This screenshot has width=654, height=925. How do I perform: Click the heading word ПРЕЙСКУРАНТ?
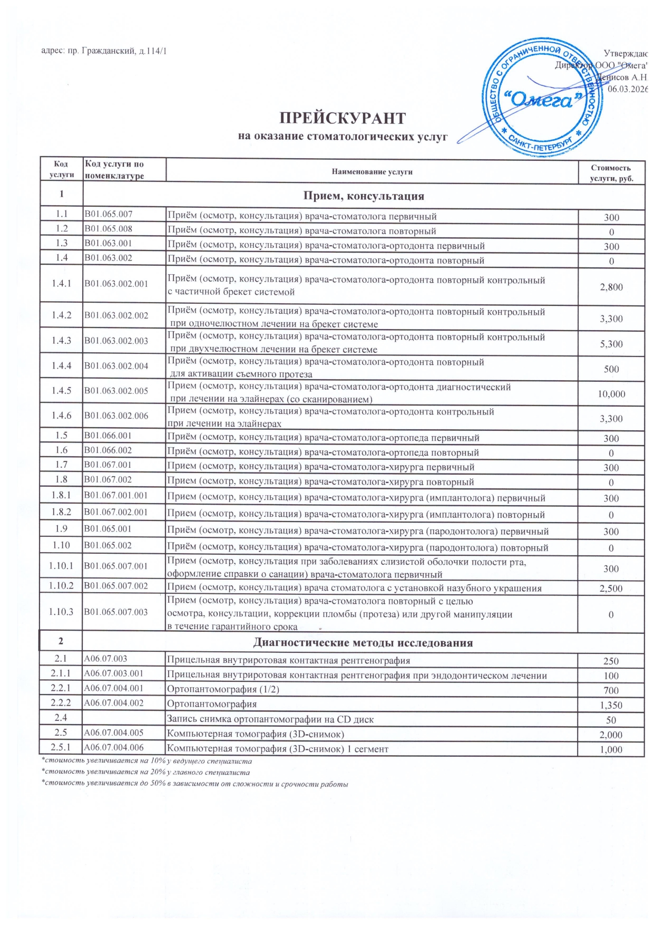click(342, 118)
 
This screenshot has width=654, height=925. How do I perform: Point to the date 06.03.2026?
click(627, 89)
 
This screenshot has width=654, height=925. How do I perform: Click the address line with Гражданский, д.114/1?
click(104, 51)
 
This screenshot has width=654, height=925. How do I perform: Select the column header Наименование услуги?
click(372, 171)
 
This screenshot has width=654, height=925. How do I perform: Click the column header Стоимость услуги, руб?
click(611, 173)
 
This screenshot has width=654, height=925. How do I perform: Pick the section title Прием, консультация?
click(363, 196)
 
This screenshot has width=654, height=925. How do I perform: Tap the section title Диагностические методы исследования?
click(363, 642)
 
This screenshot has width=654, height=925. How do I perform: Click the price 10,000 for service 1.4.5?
click(611, 394)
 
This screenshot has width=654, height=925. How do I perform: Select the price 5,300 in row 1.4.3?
click(611, 344)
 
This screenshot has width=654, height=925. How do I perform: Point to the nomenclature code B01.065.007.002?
click(116, 586)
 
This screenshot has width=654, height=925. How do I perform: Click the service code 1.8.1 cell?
click(61, 495)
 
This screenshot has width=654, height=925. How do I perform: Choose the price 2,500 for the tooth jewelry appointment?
click(611, 589)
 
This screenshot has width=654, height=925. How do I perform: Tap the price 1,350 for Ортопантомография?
click(611, 705)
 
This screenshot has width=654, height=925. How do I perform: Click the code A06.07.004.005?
click(114, 733)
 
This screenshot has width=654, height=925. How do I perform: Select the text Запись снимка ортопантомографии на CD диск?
click(270, 719)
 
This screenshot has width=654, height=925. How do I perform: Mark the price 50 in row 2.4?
click(611, 720)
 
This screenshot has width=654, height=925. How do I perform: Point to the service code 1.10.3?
click(61, 612)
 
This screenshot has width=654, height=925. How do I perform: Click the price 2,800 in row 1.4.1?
click(611, 287)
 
